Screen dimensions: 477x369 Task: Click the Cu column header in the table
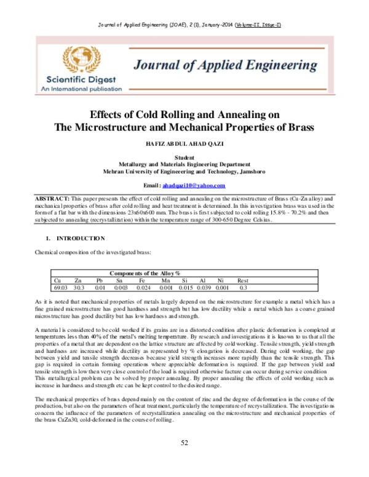[57, 280]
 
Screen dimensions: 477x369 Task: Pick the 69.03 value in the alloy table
[60, 286]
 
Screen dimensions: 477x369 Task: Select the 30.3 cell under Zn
[79, 286]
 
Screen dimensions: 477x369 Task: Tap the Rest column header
[243, 280]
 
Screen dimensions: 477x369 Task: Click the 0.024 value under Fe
[143, 286]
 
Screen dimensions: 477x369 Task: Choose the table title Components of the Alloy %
[145, 273]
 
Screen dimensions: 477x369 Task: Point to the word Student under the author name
[184, 158]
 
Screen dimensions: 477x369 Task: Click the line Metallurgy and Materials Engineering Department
[184, 165]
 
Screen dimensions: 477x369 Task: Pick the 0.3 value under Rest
[243, 286]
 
